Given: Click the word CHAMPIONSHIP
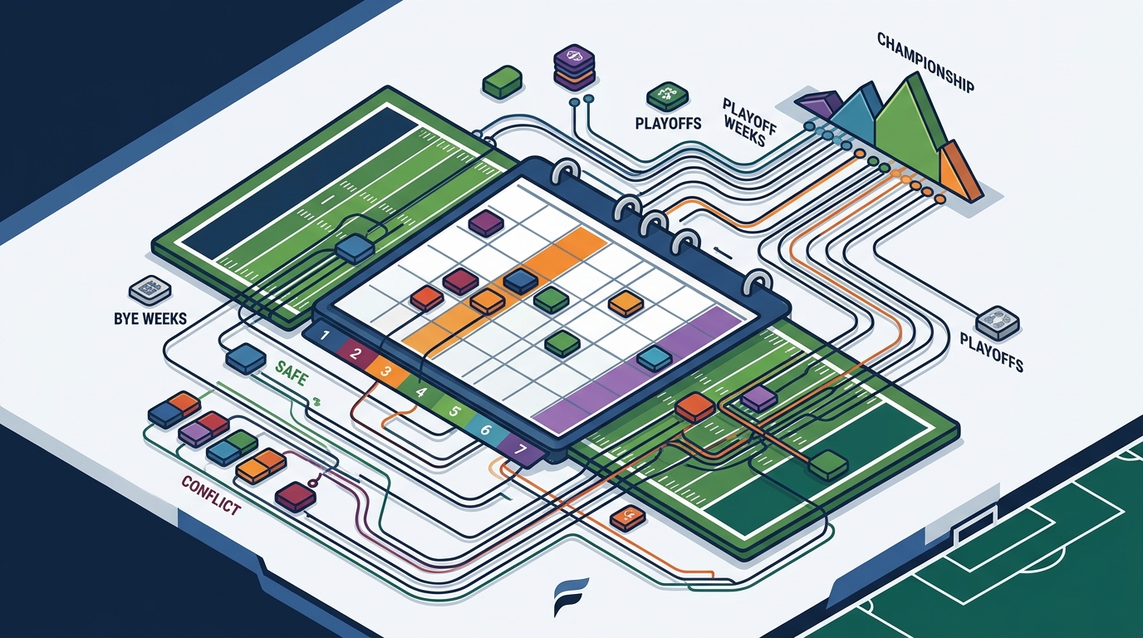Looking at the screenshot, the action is tap(925, 70).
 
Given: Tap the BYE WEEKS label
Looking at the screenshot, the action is tap(150, 319).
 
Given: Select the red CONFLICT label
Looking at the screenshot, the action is tap(211, 494).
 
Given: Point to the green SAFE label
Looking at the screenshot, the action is tap(292, 373).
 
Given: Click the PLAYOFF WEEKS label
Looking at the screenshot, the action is tap(748, 121).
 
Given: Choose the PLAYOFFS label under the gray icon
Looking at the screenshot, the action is tap(992, 351).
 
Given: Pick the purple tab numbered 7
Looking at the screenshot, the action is tap(521, 450).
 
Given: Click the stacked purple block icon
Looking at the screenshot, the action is tap(575, 67).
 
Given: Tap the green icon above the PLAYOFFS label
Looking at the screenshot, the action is tap(667, 96).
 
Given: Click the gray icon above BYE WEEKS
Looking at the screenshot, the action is tap(150, 290).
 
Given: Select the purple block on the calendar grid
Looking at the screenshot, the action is tap(486, 223).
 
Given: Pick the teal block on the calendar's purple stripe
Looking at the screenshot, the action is tap(655, 358).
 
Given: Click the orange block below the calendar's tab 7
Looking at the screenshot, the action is tap(628, 518).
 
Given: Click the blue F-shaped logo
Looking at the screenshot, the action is tap(571, 596).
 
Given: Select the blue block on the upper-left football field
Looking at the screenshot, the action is tap(356, 248).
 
